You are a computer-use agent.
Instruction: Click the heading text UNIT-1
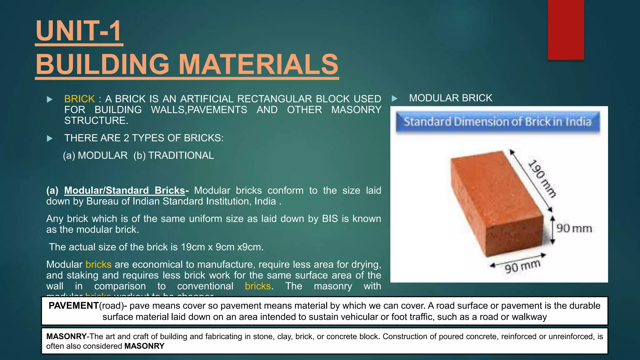[79, 31]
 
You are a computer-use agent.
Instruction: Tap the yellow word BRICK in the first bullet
[79, 99]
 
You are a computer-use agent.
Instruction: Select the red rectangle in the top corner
[566, 30]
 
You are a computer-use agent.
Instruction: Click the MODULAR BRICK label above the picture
[450, 98]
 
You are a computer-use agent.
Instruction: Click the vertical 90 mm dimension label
[574, 228]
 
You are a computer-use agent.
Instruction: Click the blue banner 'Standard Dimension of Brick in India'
[497, 122]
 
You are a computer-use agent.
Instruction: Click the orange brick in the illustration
[497, 203]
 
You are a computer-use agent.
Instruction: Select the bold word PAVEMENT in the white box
[74, 306]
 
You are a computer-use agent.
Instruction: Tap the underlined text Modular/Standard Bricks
[125, 190]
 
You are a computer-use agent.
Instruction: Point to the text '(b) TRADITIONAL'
[174, 155]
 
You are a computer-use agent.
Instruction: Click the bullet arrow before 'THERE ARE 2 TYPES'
[50, 138]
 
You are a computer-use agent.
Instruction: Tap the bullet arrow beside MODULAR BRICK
[395, 99]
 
